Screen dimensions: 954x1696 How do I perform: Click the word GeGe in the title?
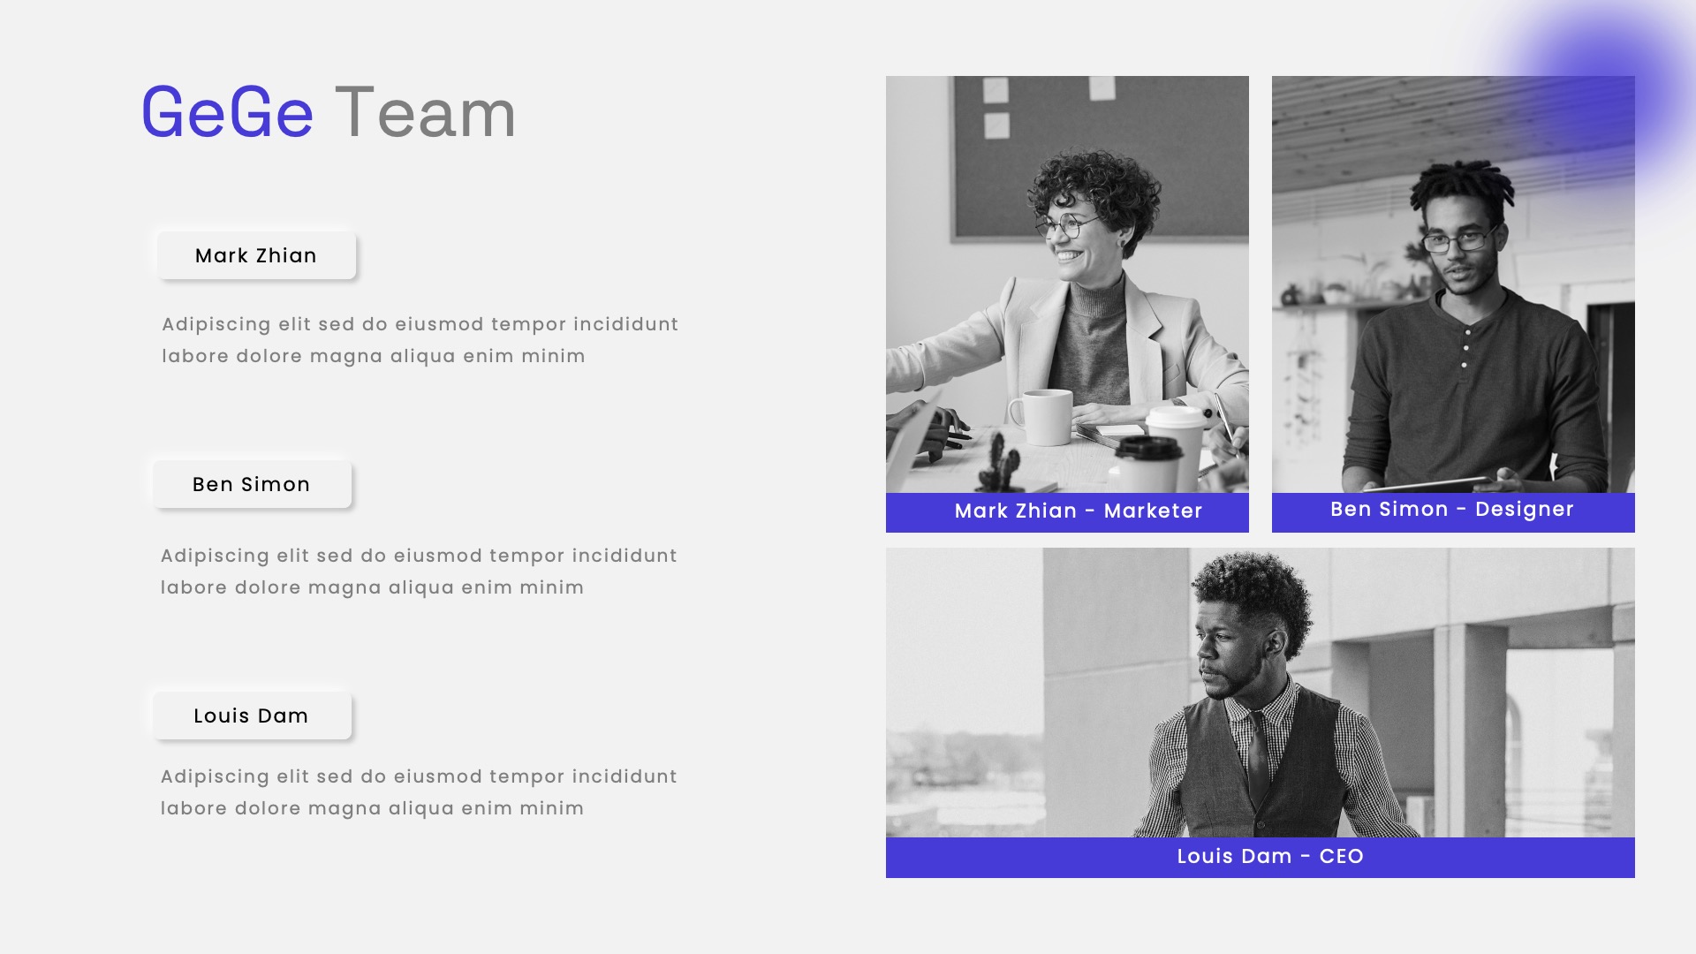click(x=227, y=113)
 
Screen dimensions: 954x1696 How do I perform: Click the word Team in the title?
click(x=425, y=113)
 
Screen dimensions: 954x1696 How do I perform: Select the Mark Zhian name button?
click(x=256, y=255)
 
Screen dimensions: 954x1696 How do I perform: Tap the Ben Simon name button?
click(x=252, y=484)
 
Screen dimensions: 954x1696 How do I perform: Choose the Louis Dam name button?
click(x=252, y=715)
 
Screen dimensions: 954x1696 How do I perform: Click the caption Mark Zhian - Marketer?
click(x=1078, y=511)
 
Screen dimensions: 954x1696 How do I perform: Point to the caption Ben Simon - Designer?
click(x=1452, y=510)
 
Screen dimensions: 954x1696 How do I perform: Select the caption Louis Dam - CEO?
click(x=1270, y=857)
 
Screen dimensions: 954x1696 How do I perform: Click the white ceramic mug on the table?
click(x=1043, y=417)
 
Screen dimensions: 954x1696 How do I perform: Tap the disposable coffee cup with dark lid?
click(x=1147, y=463)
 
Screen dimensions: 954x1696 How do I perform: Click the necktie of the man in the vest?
click(x=1257, y=752)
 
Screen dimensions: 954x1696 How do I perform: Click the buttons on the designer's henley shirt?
click(x=1465, y=348)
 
